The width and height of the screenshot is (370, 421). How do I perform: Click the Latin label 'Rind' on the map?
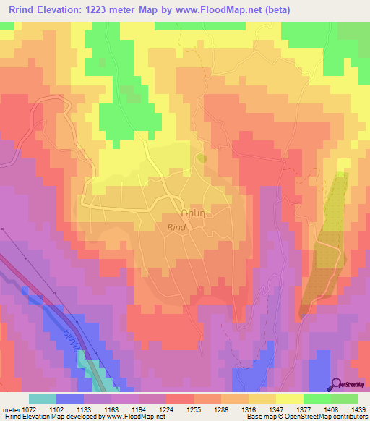(178, 227)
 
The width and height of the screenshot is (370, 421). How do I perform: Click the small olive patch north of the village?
(202, 158)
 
